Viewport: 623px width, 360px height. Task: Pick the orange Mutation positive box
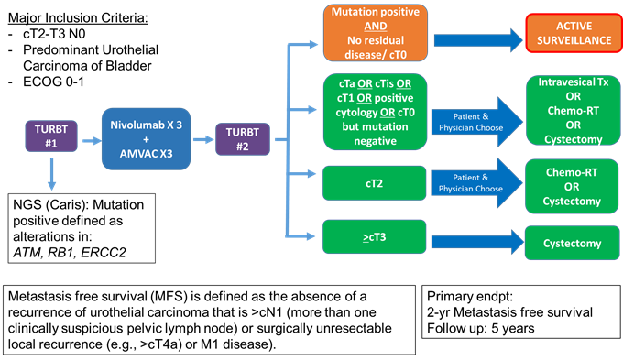(x=376, y=32)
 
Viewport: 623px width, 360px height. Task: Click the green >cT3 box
(x=376, y=241)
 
